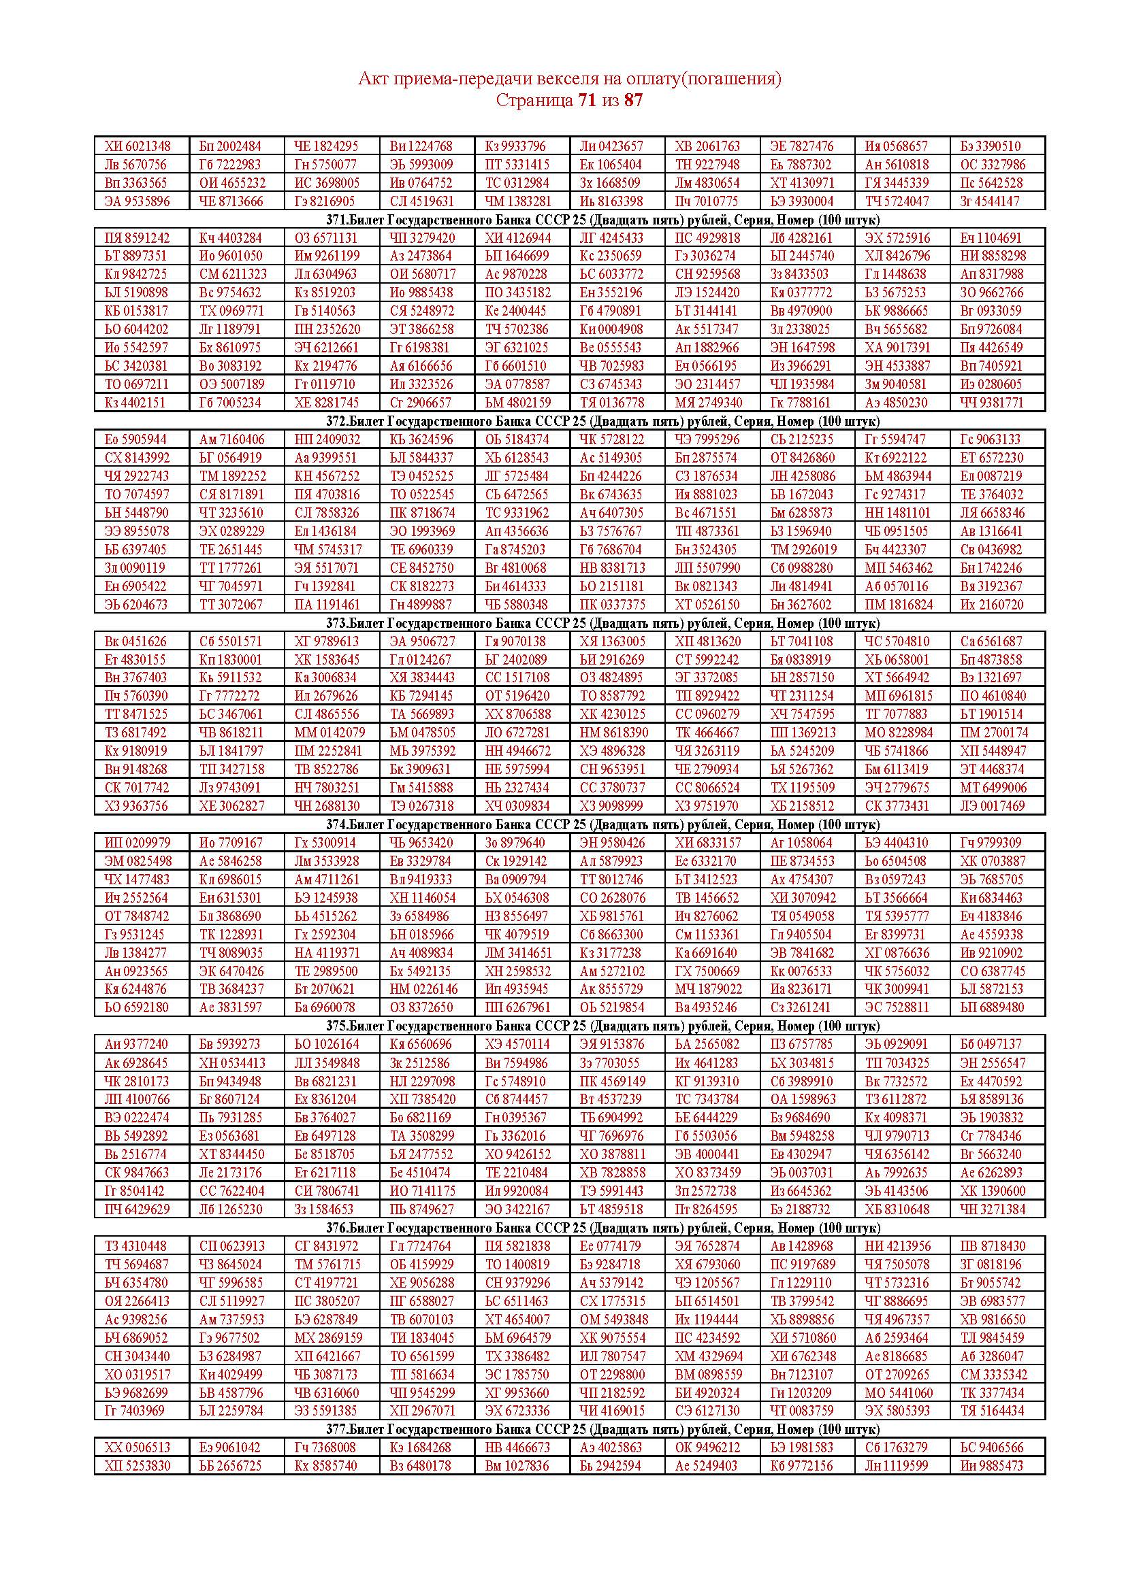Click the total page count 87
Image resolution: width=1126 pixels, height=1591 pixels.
tap(633, 101)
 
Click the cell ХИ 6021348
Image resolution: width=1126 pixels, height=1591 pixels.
tap(138, 146)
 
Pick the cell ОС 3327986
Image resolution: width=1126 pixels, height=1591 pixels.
tap(992, 165)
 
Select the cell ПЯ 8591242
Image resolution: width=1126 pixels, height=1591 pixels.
tap(138, 237)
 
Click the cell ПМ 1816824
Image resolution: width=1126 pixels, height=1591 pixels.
tap(899, 604)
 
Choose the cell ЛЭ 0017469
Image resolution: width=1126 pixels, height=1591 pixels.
tap(992, 806)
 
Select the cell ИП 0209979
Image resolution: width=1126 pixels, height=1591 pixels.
tap(137, 843)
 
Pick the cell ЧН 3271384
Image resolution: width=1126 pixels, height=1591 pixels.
tap(992, 1209)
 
